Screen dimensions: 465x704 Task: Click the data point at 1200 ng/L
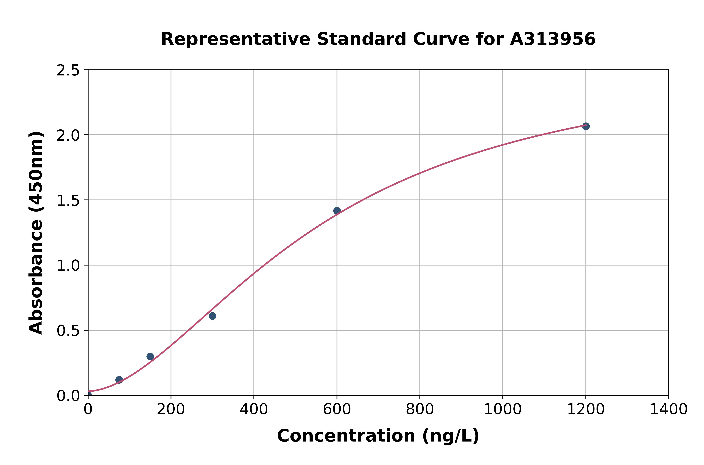pyautogui.click(x=585, y=126)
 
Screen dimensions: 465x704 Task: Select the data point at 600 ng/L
pyautogui.click(x=337, y=211)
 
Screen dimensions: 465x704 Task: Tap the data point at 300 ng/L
pyautogui.click(x=212, y=316)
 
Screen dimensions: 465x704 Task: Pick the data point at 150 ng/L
pyautogui.click(x=150, y=356)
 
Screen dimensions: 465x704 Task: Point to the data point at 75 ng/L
pyautogui.click(x=119, y=380)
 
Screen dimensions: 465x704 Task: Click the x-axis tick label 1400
pyautogui.click(x=668, y=410)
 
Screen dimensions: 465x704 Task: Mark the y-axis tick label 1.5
pyautogui.click(x=68, y=200)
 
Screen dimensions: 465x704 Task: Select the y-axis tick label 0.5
pyautogui.click(x=68, y=331)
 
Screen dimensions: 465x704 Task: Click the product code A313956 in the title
pyautogui.click(x=553, y=39)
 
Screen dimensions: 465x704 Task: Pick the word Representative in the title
pyautogui.click(x=236, y=39)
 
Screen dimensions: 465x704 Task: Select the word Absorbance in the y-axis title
pyautogui.click(x=36, y=277)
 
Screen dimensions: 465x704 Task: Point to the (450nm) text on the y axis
pyautogui.click(x=36, y=173)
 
